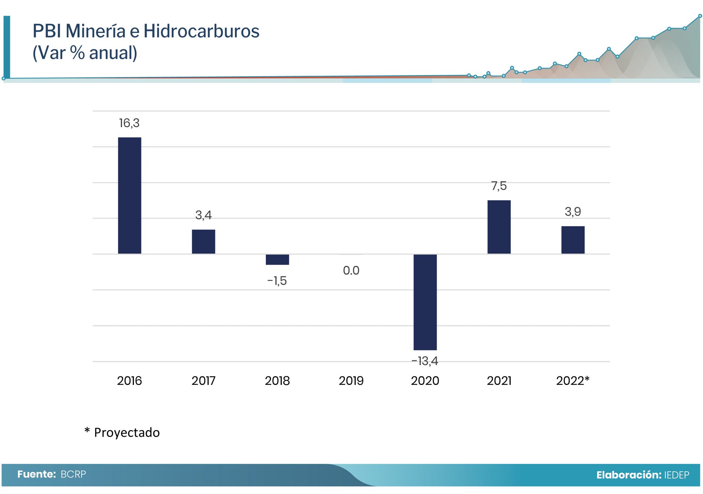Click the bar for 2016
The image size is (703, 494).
tap(129, 195)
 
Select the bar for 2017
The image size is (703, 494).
tap(203, 241)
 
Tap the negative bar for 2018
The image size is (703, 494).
tap(277, 259)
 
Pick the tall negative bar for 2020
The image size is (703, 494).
tap(425, 302)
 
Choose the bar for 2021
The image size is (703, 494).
tap(499, 227)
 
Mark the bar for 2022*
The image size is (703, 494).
tap(573, 240)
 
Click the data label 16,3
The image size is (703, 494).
tap(129, 123)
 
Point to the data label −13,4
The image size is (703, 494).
tap(425, 361)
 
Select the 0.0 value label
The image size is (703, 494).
tap(351, 271)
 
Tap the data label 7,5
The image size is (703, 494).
tap(499, 186)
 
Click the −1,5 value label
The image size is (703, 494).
tap(277, 281)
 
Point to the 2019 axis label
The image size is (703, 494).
tap(351, 381)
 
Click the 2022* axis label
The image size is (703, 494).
tap(573, 381)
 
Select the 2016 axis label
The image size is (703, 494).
tap(129, 381)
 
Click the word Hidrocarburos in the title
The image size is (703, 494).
tap(201, 31)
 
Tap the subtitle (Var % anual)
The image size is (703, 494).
tap(85, 53)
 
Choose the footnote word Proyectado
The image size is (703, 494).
tap(127, 432)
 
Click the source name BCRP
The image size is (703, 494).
tap(73, 474)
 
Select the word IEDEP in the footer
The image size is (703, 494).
tap(676, 475)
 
